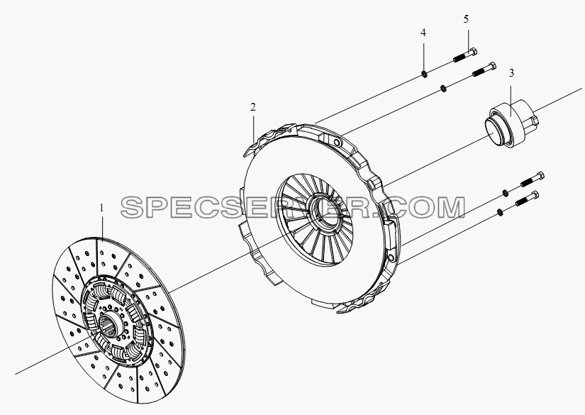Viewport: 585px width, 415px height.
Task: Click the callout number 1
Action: [x=101, y=209]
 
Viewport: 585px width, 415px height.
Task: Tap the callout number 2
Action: [x=253, y=108]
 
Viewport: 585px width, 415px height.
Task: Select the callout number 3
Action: [x=511, y=73]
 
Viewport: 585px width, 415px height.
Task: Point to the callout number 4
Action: [x=423, y=33]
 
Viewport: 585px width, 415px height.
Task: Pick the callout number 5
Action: [x=466, y=19]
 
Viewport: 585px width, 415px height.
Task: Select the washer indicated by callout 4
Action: [x=424, y=74]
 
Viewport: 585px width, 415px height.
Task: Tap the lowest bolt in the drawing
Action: [x=527, y=199]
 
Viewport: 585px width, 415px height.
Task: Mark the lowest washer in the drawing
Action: [x=500, y=212]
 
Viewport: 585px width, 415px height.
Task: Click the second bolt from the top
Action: [x=484, y=70]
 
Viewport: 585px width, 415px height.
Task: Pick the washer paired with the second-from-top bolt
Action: [x=443, y=89]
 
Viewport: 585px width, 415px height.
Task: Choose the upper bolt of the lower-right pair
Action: [x=533, y=179]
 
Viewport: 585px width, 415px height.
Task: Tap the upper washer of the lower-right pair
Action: [x=505, y=192]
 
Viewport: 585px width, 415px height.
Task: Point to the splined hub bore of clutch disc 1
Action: [x=109, y=323]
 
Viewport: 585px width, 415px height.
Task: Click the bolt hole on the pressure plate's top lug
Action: [x=337, y=142]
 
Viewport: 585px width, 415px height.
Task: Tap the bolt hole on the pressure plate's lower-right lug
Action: [x=391, y=258]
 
